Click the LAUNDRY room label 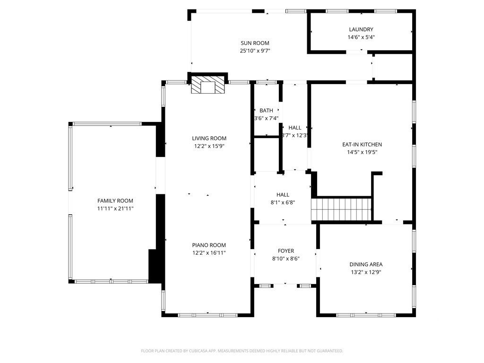tap(361, 29)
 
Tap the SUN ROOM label tap(255, 43)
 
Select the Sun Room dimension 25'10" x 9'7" tap(255, 51)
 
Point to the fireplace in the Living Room tap(207, 85)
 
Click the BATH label tap(266, 110)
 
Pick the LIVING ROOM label tap(209, 138)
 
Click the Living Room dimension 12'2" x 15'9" tap(209, 146)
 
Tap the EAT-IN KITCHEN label tap(362, 144)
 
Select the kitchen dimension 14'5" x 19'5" tap(362, 152)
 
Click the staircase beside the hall tap(341, 209)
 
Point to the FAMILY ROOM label tap(115, 200)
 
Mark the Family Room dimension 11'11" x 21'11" tap(115, 208)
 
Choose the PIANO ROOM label tap(209, 245)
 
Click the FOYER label tap(286, 251)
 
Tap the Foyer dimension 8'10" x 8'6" tap(286, 259)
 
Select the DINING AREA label tap(366, 264)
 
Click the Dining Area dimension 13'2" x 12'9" tap(366, 272)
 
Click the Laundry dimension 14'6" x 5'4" tap(361, 37)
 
